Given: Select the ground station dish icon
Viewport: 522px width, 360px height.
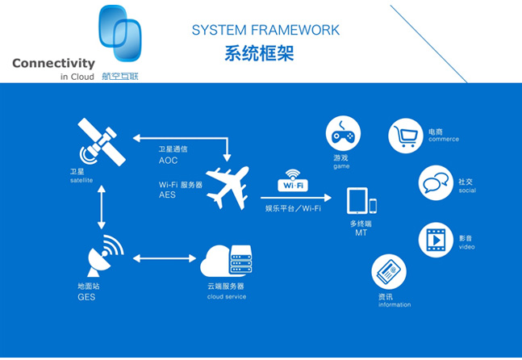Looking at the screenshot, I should (x=103, y=256).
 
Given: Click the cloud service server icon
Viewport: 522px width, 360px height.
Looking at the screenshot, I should (x=224, y=259).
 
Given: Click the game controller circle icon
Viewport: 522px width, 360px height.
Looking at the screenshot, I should (x=343, y=133).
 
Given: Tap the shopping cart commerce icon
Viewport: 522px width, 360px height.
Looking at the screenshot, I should (x=407, y=136).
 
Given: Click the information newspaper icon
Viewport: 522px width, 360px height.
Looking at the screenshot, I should (x=389, y=273).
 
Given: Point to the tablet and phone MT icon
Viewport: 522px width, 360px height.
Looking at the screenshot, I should (x=361, y=201).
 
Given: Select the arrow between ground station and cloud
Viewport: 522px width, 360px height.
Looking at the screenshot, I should (x=164, y=258).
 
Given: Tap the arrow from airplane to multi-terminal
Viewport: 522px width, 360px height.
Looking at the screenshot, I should (x=294, y=197).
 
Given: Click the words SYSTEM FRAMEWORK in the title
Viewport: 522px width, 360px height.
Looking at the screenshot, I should (x=265, y=31).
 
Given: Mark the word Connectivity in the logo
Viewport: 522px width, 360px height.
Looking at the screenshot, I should (x=53, y=63).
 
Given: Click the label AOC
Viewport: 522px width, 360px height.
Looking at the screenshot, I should (x=168, y=161).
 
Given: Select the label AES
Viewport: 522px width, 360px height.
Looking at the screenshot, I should (x=168, y=195).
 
